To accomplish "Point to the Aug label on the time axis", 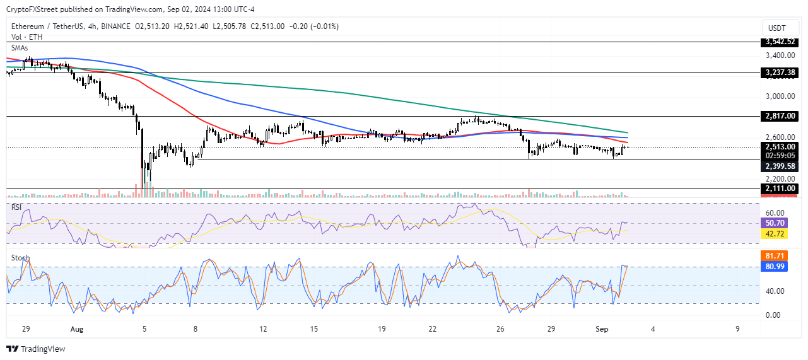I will click(77, 328).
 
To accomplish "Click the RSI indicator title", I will click(16, 206).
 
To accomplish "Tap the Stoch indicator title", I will click(19, 258).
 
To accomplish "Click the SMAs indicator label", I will click(20, 47).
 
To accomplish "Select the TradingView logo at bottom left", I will click(36, 349).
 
